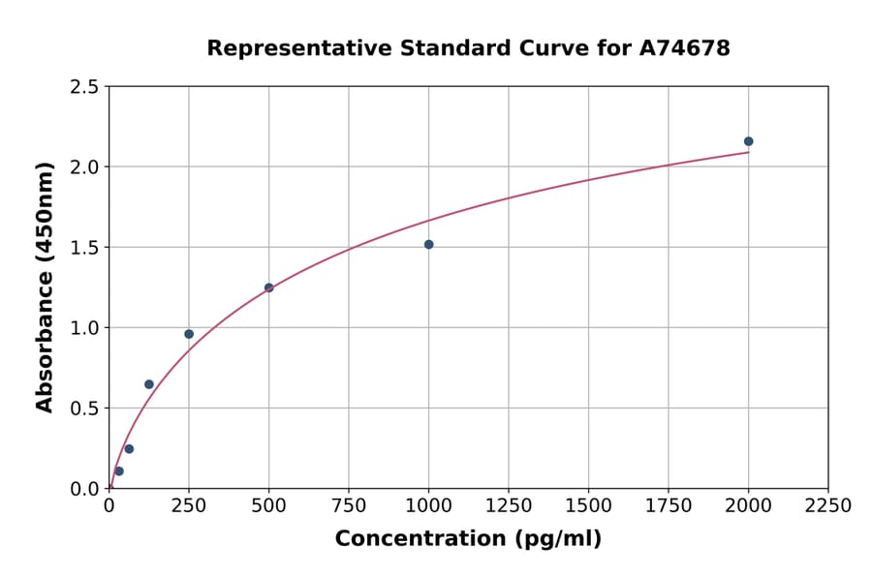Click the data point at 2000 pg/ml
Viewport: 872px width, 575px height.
[x=748, y=141]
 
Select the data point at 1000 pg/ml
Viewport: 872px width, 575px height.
[x=428, y=244]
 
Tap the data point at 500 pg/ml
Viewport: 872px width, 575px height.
[x=268, y=287]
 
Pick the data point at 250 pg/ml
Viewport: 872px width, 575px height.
[x=189, y=334]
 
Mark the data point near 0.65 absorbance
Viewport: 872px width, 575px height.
[x=149, y=384]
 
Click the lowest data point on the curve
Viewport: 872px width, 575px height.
[x=119, y=471]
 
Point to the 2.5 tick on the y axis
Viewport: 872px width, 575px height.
[x=84, y=87]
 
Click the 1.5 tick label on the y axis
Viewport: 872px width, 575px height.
[x=84, y=248]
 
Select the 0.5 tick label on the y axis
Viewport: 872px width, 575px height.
[x=84, y=409]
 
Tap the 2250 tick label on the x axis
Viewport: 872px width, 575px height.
[x=828, y=506]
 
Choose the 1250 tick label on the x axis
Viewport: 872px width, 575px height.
[x=509, y=506]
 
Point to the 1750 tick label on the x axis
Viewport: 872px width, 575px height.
[x=669, y=506]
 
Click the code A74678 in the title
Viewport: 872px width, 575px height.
[x=686, y=47]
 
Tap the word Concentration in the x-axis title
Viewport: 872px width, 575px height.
[x=420, y=539]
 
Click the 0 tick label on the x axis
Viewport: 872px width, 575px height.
[x=109, y=506]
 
